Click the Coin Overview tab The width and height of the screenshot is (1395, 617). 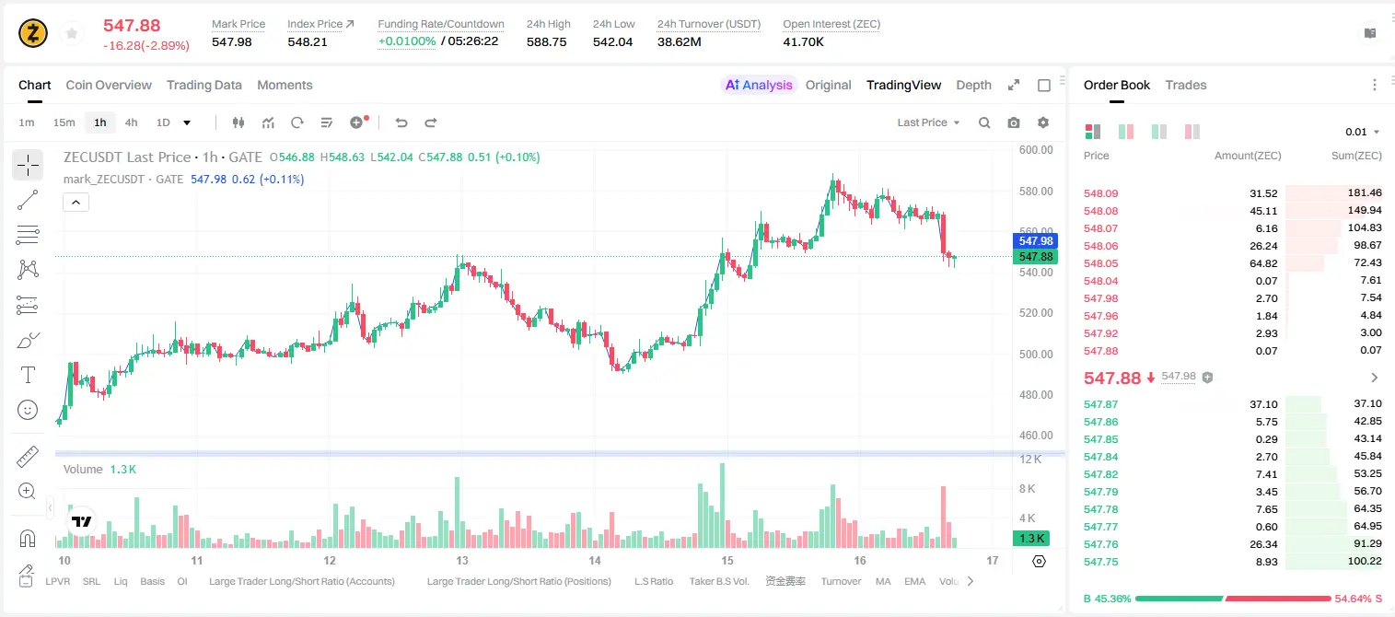tap(109, 85)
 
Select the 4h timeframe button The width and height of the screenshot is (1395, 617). tap(131, 122)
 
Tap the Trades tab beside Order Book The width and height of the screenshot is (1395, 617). tap(1186, 85)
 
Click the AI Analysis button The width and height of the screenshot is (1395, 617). tap(759, 85)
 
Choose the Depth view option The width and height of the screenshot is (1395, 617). tap(973, 85)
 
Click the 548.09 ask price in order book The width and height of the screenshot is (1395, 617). tap(1100, 193)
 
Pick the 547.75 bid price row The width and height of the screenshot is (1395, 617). tap(1100, 562)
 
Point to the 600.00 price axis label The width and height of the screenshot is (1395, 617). tap(1036, 150)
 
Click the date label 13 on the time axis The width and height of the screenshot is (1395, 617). tap(461, 560)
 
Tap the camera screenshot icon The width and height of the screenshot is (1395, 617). tap(1014, 122)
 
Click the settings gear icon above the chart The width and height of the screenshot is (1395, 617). tap(1043, 122)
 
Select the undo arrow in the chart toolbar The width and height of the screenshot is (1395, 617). tap(401, 122)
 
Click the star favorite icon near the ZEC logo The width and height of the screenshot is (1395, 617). tap(72, 33)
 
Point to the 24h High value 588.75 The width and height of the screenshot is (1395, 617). tap(546, 41)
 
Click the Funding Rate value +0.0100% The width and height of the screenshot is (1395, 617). tap(407, 41)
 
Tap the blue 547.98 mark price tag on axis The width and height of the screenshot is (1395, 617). tap(1035, 241)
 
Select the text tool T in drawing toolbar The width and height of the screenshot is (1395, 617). tap(28, 376)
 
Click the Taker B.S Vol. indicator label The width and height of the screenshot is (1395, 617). tap(718, 581)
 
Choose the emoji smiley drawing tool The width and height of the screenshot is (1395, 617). tap(28, 411)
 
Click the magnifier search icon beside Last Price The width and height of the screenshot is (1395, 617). tap(984, 122)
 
